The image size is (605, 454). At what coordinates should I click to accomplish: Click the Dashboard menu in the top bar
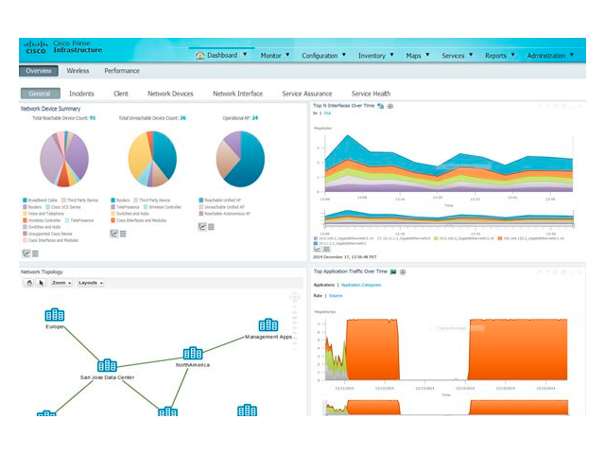coord(221,55)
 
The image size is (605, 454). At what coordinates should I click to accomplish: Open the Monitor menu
coord(273,56)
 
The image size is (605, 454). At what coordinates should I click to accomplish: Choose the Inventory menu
coord(374,56)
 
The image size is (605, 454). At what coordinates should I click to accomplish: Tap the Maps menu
coord(416,56)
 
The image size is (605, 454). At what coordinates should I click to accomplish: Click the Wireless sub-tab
coord(78,71)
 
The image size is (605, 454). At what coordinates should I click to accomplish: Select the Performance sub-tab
coord(122,71)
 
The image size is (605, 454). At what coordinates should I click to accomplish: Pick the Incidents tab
coord(81,94)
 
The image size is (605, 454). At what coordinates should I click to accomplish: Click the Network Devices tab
coord(170,94)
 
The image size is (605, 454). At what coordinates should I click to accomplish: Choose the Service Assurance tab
coord(307,94)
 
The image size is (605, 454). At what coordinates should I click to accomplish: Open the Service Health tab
coord(371,94)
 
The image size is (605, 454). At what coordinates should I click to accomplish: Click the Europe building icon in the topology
coord(55,315)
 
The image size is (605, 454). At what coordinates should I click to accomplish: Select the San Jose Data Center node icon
coord(107,366)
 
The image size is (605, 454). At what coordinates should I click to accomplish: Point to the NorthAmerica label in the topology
coord(193,364)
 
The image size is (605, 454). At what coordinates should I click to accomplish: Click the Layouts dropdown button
coord(91,283)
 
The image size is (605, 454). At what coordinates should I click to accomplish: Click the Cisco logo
coord(36,48)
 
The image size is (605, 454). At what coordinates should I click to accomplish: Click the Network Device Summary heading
coord(57,109)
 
